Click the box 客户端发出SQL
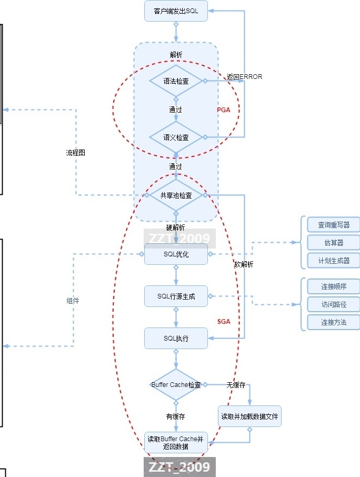click(176, 11)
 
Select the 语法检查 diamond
click(176, 82)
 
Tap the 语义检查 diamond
click(176, 137)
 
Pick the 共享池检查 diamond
click(176, 195)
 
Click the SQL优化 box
click(176, 254)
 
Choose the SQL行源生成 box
click(176, 296)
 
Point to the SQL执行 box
click(176, 338)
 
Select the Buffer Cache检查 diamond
click(176, 385)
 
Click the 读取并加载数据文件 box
click(251, 416)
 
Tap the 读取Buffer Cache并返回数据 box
click(176, 443)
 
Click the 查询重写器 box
click(334, 225)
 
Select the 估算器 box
click(334, 243)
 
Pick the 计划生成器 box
click(334, 261)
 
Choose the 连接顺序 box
click(334, 286)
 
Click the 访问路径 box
click(334, 304)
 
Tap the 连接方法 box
click(334, 322)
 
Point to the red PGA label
click(224, 110)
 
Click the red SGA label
click(224, 321)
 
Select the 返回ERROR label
click(244, 77)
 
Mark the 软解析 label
click(244, 264)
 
